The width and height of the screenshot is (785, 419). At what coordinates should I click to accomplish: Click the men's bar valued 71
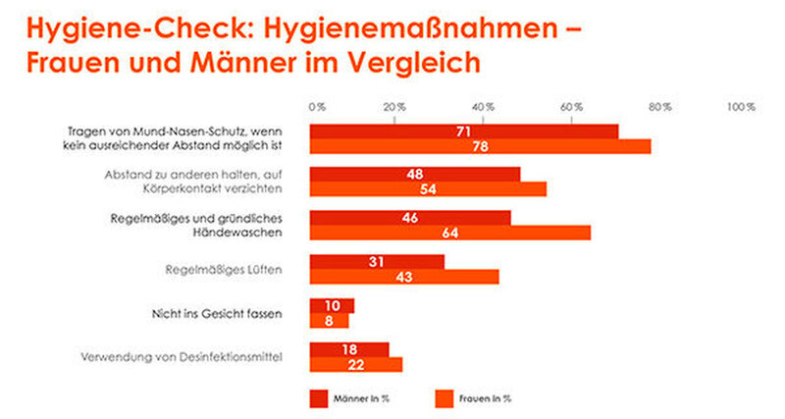click(x=464, y=131)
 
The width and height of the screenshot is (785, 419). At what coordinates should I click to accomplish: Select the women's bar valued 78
click(x=480, y=147)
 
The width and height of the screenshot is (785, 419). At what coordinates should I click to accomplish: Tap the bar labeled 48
click(x=415, y=174)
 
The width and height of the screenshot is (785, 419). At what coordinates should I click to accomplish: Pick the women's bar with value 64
click(x=450, y=232)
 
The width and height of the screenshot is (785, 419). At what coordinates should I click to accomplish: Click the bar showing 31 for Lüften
click(x=377, y=261)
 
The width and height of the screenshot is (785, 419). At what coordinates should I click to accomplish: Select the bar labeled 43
click(x=404, y=277)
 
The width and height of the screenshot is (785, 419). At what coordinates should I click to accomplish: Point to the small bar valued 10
click(x=332, y=306)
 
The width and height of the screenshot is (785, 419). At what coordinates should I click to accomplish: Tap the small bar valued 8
click(x=329, y=321)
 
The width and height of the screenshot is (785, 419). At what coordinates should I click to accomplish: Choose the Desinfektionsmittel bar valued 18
click(x=349, y=349)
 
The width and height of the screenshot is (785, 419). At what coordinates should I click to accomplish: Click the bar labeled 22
click(x=356, y=365)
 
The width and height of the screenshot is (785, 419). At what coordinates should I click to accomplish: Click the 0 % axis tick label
click(x=316, y=106)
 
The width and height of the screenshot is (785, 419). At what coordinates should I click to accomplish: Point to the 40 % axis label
click(x=484, y=106)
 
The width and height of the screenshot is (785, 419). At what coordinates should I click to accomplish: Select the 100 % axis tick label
click(x=741, y=106)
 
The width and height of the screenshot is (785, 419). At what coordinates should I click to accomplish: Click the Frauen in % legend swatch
click(x=443, y=397)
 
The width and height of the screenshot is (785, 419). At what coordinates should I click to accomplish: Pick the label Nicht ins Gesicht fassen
click(x=230, y=314)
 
